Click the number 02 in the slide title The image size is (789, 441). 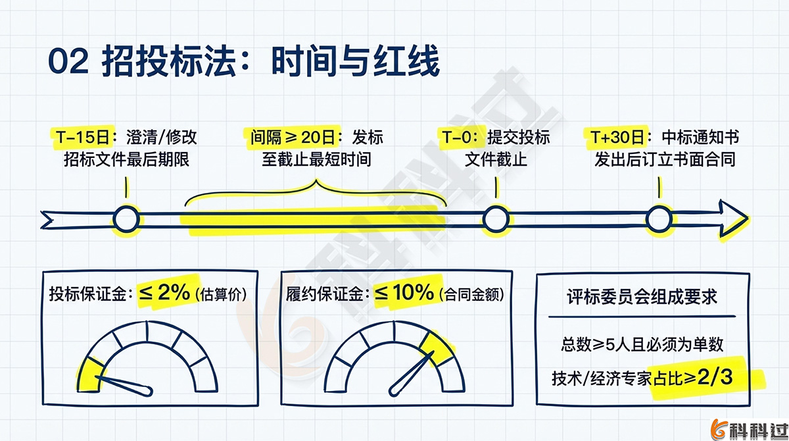(68, 64)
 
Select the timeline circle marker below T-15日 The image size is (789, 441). (126, 219)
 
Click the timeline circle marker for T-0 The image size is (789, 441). (496, 219)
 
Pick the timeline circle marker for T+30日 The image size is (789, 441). (658, 219)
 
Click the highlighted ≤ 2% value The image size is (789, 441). (164, 294)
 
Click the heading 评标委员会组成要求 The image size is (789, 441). (642, 297)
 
